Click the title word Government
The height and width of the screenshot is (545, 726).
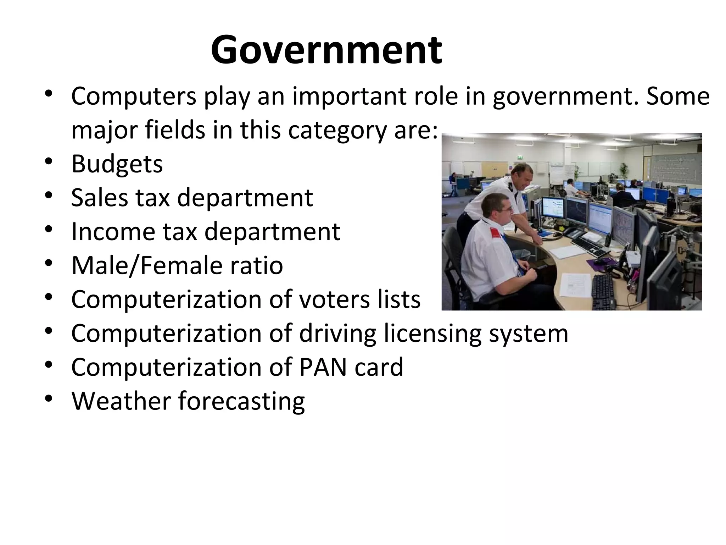(326, 50)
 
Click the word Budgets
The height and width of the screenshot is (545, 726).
(117, 164)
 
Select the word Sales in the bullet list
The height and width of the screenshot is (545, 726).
(99, 198)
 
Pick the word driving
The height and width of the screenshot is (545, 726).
(337, 334)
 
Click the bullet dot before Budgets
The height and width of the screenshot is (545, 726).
(49, 161)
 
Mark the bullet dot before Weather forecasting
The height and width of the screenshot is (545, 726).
(49, 398)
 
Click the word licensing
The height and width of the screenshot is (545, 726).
(432, 334)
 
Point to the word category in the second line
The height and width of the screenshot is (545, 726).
(337, 131)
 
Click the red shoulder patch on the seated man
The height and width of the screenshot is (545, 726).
(496, 233)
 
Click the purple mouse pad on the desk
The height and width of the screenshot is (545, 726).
(603, 263)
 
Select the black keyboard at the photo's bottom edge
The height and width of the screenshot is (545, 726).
(602, 291)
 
